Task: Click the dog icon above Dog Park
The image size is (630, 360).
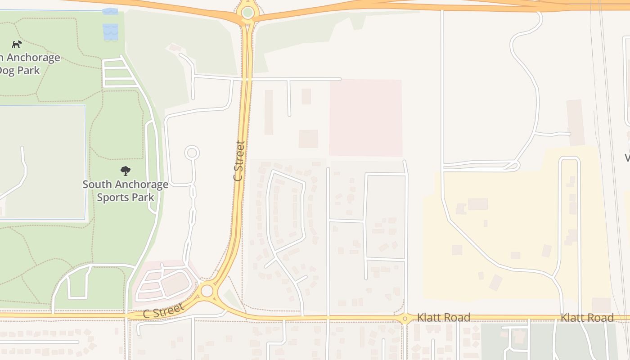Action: tap(17, 44)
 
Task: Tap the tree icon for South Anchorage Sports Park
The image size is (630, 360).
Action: tap(126, 171)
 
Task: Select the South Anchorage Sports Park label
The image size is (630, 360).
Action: tap(126, 191)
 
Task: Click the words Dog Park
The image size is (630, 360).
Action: tap(19, 71)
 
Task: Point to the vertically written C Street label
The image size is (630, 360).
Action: tap(239, 161)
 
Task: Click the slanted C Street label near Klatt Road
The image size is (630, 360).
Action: tap(163, 310)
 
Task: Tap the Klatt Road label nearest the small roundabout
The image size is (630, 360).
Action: tap(443, 318)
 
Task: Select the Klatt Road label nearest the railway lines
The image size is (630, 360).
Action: tap(586, 318)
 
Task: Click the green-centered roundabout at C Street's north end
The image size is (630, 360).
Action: tap(247, 13)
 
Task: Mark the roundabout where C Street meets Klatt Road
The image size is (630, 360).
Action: tap(207, 291)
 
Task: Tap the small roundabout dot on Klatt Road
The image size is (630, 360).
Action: tap(405, 319)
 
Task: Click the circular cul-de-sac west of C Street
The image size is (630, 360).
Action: tap(192, 153)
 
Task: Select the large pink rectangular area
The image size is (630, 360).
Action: tap(365, 118)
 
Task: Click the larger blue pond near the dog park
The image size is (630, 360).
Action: tap(110, 31)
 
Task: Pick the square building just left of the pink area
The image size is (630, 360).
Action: tap(308, 139)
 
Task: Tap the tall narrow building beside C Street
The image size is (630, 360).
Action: tap(269, 112)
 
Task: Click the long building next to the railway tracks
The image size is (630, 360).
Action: tap(575, 122)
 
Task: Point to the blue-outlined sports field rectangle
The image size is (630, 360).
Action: tap(43, 162)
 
